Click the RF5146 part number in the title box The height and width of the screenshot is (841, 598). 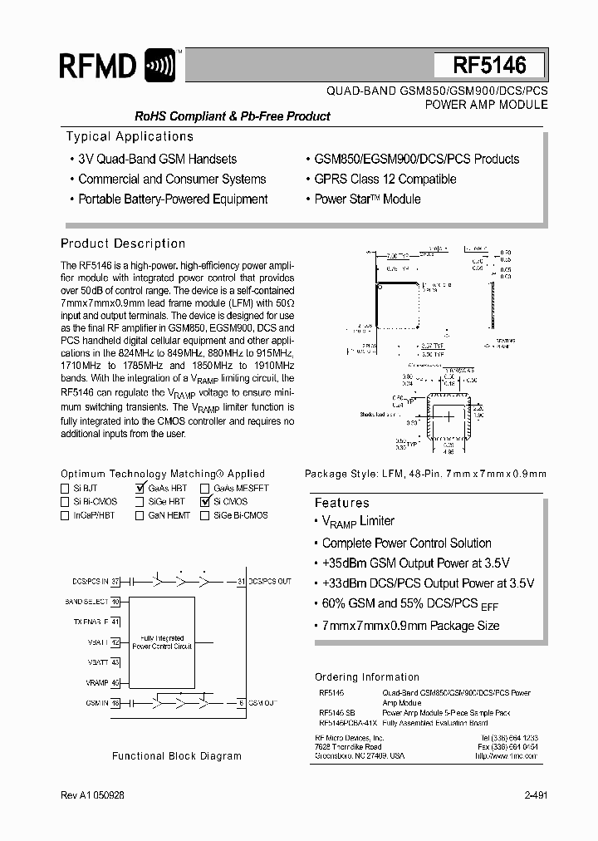(489, 66)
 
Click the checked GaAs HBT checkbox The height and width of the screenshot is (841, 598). (140, 489)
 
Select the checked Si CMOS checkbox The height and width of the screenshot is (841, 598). (204, 502)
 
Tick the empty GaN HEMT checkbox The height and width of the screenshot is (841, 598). (140, 515)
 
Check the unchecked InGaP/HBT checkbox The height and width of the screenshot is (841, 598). (66, 515)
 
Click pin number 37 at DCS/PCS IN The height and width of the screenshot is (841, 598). (116, 581)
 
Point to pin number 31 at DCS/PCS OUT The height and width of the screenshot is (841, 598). (241, 581)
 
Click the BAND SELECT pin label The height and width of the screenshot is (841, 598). (86, 601)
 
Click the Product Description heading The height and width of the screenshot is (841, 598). (123, 243)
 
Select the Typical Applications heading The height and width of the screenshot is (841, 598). (130, 136)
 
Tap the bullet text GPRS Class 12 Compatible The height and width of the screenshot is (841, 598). (385, 179)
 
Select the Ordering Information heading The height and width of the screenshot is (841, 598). (367, 676)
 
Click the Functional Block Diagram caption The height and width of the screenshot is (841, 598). (177, 755)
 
